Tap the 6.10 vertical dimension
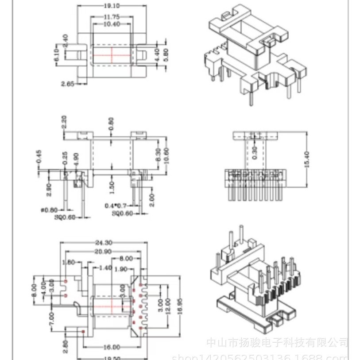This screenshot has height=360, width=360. [x=58, y=55]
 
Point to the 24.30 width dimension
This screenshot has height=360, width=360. [x=103, y=242]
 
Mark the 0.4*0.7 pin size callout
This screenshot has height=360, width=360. [x=116, y=206]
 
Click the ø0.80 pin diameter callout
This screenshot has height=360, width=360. [x=49, y=209]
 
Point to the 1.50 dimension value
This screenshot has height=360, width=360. [x=112, y=186]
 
